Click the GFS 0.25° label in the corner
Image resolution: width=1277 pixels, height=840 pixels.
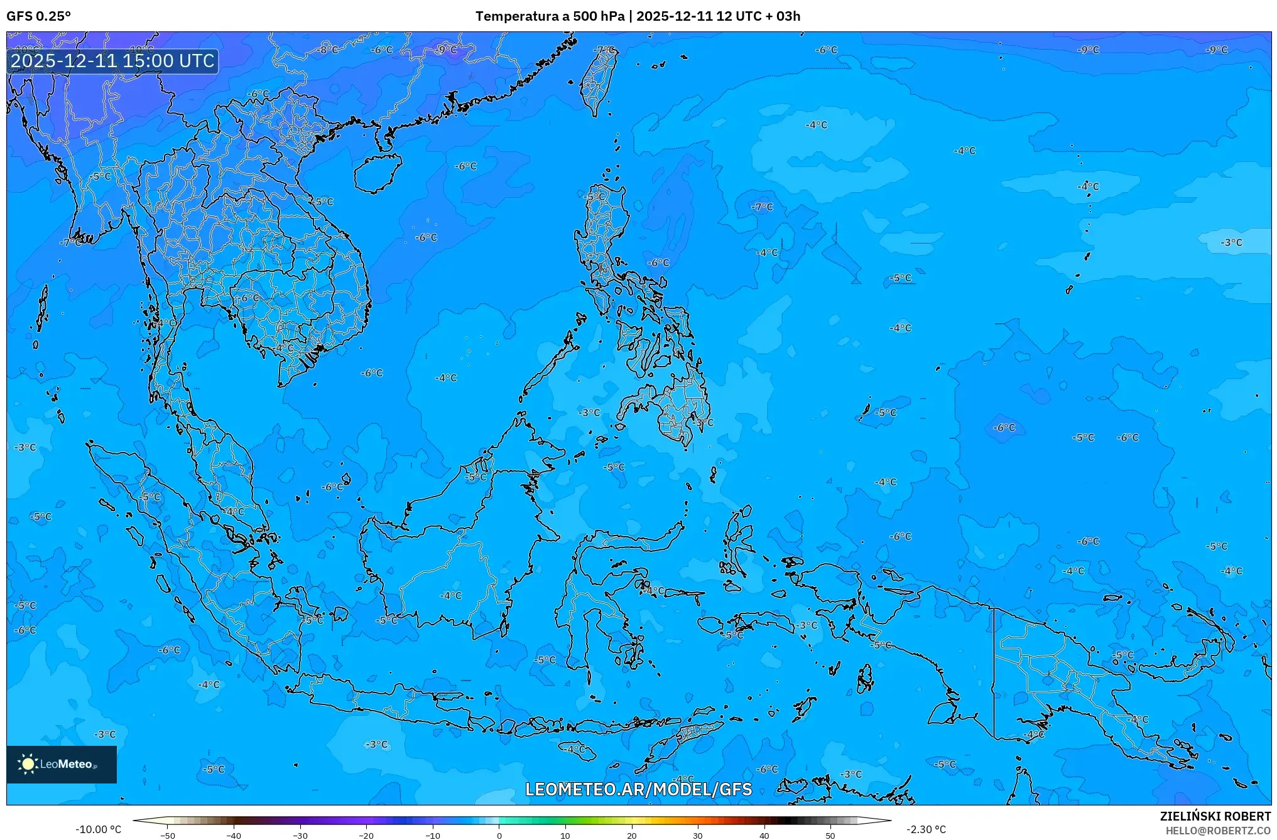coord(38,16)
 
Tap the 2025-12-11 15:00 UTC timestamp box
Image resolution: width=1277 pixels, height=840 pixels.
coord(112,61)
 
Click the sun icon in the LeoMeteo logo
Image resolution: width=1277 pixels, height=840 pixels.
coord(28,763)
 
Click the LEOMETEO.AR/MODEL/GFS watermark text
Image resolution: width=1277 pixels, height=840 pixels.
coord(638,789)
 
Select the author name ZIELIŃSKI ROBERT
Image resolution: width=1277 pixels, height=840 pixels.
coord(1215,816)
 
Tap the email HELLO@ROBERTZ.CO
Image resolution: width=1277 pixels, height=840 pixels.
coord(1218,831)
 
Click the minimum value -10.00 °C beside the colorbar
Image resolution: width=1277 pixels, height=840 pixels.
coord(98,829)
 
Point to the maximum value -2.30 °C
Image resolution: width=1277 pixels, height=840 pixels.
coord(926,829)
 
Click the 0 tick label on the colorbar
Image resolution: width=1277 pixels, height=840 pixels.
coord(499,836)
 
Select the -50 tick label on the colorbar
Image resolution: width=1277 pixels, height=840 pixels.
coord(168,836)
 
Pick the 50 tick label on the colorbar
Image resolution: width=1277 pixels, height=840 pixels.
coord(830,836)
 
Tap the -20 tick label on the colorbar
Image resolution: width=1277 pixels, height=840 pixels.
coord(366,836)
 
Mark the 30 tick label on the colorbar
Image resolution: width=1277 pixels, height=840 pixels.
coord(698,836)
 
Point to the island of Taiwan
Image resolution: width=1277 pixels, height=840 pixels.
coord(597,80)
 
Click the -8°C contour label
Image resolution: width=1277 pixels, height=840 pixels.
coord(328,49)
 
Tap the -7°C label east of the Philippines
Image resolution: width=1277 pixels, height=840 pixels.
coord(762,207)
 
